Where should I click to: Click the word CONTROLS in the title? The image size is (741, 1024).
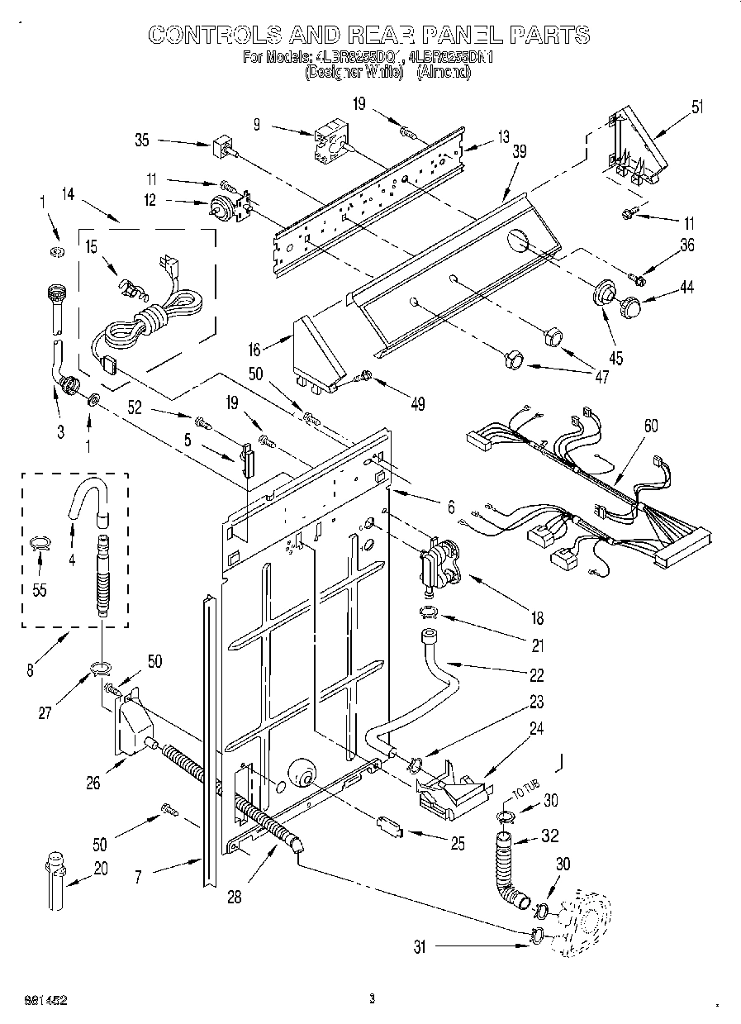click(x=210, y=34)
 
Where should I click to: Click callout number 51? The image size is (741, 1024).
click(x=698, y=105)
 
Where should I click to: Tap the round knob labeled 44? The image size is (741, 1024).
click(x=633, y=307)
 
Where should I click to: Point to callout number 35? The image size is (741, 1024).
click(x=141, y=141)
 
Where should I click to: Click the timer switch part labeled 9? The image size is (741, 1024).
click(x=329, y=144)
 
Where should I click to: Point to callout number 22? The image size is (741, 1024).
click(x=537, y=675)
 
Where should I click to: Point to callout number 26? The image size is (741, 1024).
click(x=93, y=783)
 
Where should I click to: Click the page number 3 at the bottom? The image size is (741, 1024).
click(x=372, y=999)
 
